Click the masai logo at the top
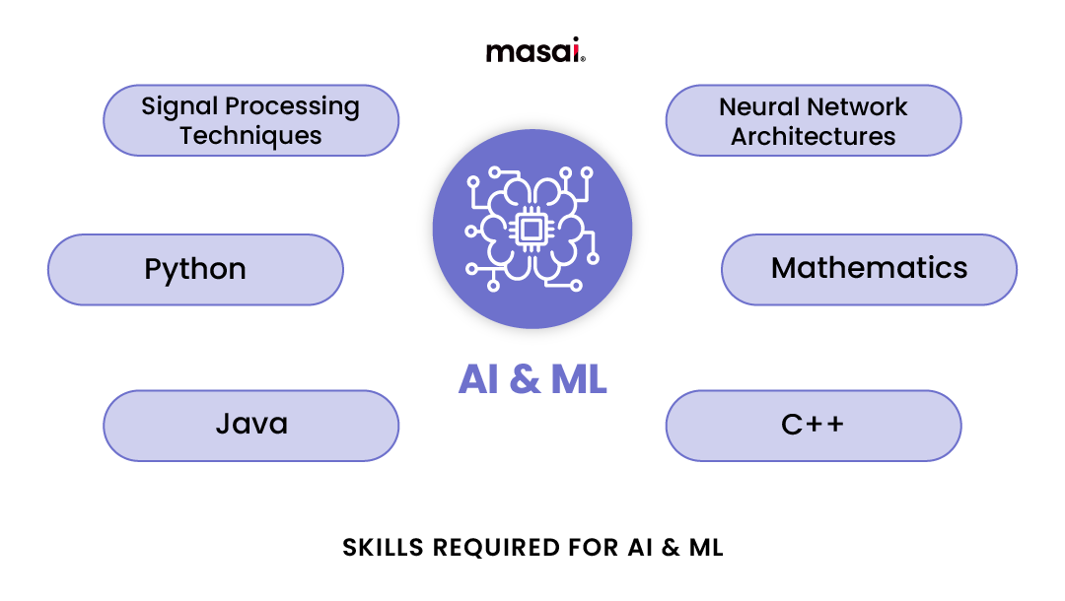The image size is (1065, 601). pyautogui.click(x=533, y=50)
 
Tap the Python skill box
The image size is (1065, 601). pyautogui.click(x=195, y=269)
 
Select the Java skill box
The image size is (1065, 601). pyautogui.click(x=251, y=425)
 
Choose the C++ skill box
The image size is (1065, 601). pyautogui.click(x=813, y=425)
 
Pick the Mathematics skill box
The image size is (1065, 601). pyautogui.click(x=869, y=268)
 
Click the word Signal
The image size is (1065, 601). pyautogui.click(x=179, y=106)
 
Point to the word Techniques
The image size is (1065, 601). pyautogui.click(x=250, y=136)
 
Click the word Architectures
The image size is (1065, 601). pyautogui.click(x=813, y=136)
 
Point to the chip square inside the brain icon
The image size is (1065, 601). pyautogui.click(x=532, y=230)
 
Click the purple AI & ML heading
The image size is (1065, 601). pyautogui.click(x=532, y=379)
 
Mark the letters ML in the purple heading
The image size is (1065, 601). pyautogui.click(x=578, y=379)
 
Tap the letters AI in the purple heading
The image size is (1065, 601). pyautogui.click(x=478, y=379)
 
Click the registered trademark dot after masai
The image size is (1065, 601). pyautogui.click(x=584, y=59)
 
